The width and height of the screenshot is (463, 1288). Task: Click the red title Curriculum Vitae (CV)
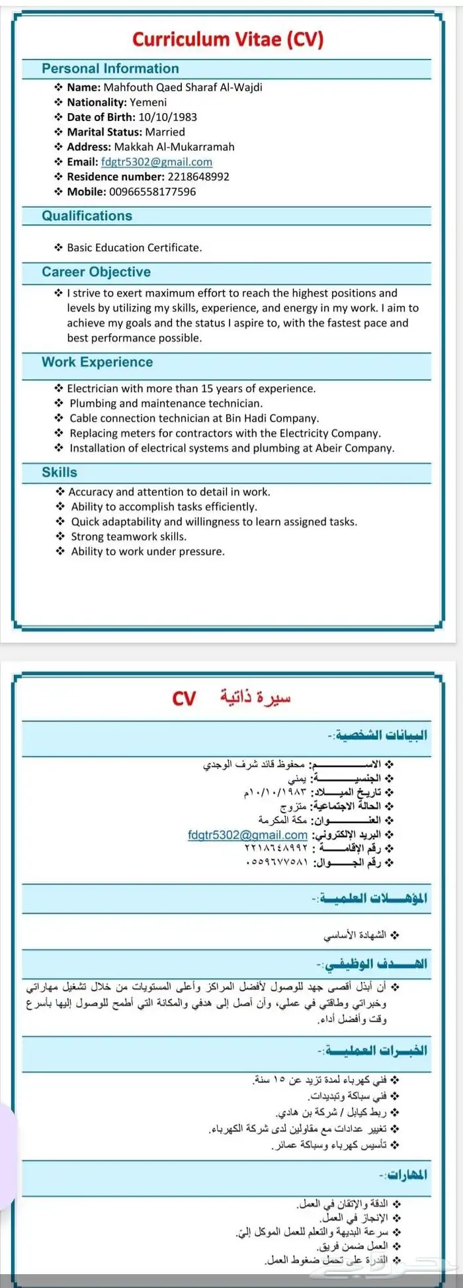click(x=228, y=40)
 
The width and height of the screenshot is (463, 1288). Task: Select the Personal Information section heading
click(x=110, y=69)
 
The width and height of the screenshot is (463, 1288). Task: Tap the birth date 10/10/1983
click(x=167, y=117)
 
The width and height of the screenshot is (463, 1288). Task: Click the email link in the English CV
click(x=157, y=162)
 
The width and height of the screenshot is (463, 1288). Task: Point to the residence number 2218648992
click(x=198, y=177)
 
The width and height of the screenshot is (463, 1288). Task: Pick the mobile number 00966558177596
click(x=152, y=192)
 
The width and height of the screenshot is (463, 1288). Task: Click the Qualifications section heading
click(x=87, y=216)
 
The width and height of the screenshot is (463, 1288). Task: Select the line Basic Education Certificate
click(x=134, y=248)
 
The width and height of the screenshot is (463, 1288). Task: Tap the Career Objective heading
click(x=96, y=272)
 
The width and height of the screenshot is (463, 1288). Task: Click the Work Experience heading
click(x=97, y=362)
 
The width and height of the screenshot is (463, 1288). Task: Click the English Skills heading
click(x=60, y=473)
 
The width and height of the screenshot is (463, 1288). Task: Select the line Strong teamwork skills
click(x=128, y=537)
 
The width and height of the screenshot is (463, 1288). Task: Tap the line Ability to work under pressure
click(x=147, y=551)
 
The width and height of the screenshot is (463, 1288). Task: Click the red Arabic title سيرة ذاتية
click(x=255, y=698)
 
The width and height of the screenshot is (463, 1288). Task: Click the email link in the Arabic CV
click(x=247, y=835)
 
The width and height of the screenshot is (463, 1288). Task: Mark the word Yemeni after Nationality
click(x=148, y=102)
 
